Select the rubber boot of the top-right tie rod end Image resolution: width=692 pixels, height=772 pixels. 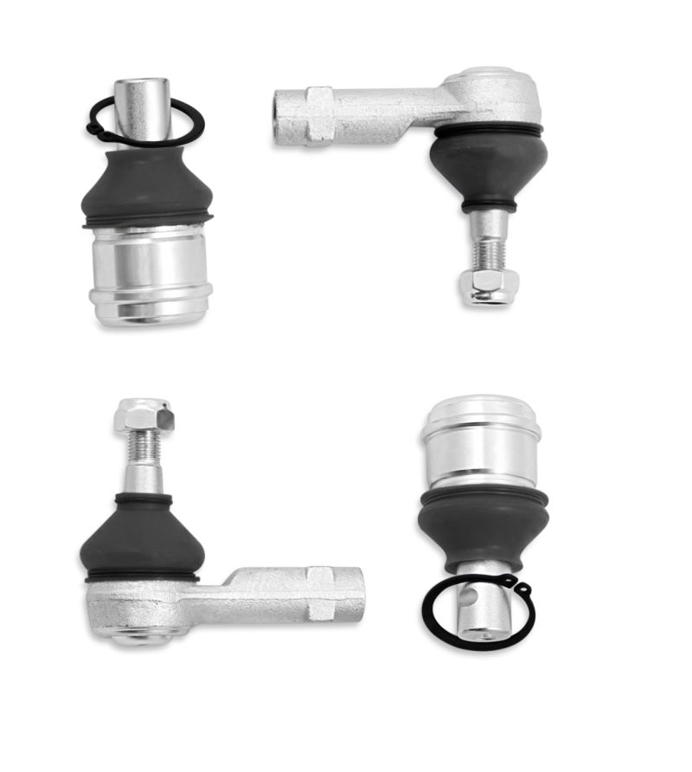[x=488, y=165]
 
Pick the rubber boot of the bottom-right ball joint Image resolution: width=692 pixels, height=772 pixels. [x=482, y=524]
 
